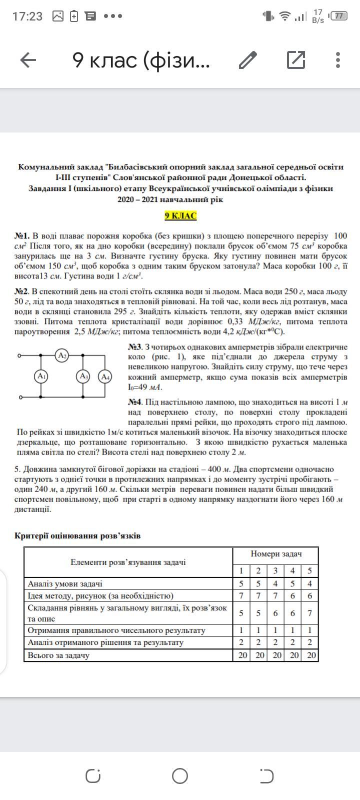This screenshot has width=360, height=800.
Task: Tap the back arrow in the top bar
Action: [28, 60]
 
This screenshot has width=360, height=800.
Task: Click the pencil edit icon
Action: [248, 60]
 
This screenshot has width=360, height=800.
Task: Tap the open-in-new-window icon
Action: [296, 60]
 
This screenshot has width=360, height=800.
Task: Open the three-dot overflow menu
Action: [338, 60]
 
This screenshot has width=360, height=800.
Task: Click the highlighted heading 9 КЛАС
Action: [180, 216]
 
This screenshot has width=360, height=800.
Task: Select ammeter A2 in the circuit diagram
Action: [62, 356]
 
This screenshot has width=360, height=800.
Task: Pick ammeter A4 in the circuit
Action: [105, 376]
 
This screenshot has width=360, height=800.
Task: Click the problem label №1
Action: [22, 236]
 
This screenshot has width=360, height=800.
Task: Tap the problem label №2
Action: [22, 291]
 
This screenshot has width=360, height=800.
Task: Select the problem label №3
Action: [135, 347]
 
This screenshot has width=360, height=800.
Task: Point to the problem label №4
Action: [135, 402]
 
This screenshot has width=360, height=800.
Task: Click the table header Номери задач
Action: [276, 554]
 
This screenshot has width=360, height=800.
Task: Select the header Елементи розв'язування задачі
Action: [128, 562]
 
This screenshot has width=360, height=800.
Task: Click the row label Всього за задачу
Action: [58, 655]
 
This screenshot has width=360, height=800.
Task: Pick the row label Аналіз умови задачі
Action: [65, 583]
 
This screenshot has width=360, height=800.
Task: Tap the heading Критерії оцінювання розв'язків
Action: [77, 536]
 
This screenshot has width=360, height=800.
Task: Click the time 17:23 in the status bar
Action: [27, 16]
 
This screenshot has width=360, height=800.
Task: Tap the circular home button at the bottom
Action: [180, 776]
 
